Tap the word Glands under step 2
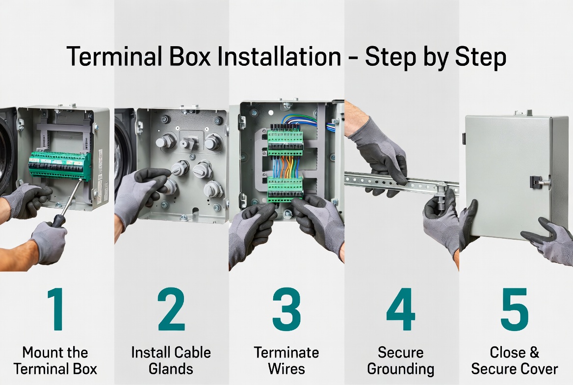(171, 369)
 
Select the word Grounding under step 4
(400, 369)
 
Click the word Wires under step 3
(286, 369)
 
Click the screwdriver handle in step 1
(59, 220)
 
